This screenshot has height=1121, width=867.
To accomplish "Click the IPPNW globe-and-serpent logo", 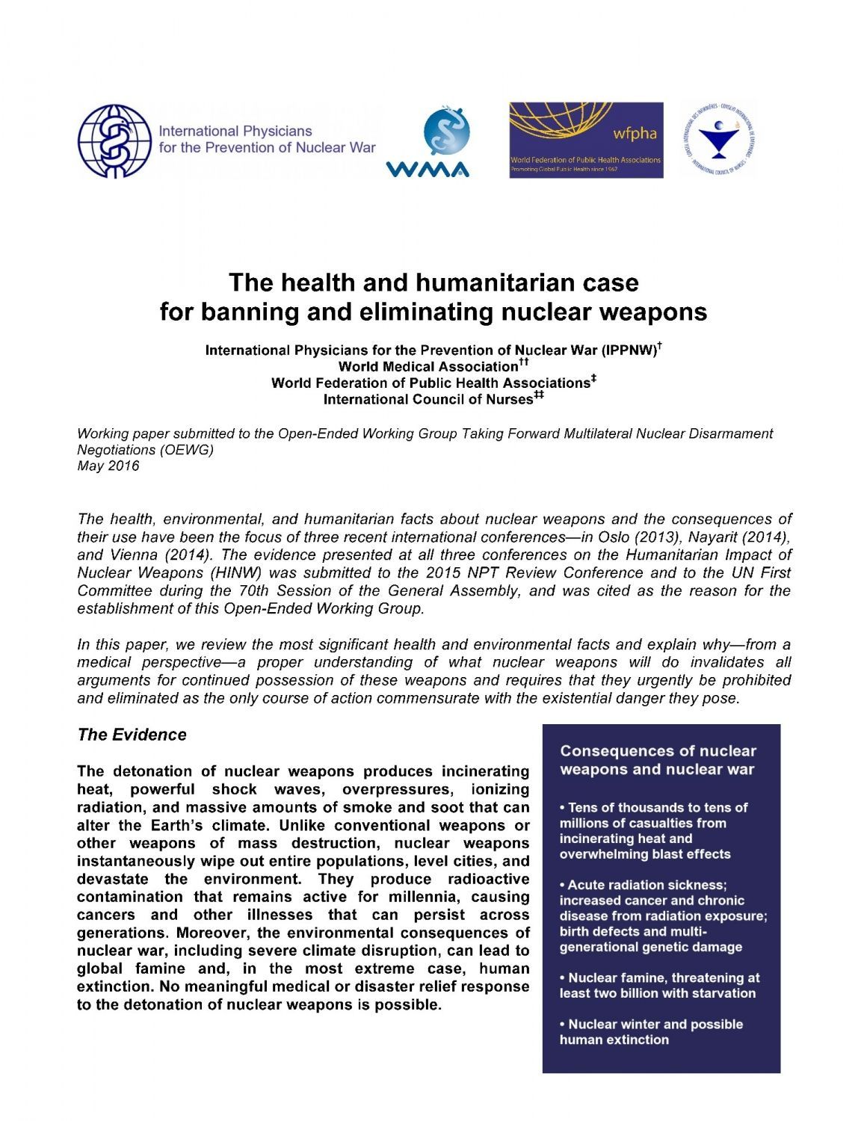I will pos(115,140).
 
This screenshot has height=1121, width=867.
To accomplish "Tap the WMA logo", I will pos(428,143).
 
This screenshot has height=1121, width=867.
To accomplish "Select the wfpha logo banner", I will pos(586,140).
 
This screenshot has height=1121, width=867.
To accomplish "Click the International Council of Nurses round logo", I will pos(718,140).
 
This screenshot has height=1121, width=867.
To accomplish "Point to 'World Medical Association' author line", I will pos(428,366).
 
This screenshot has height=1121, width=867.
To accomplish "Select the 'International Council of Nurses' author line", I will pos(428,399).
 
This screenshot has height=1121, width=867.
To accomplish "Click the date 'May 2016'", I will pos(108,466).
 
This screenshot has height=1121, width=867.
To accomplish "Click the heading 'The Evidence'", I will pos(132,735).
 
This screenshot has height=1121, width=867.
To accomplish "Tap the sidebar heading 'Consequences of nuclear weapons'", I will pos(658,760).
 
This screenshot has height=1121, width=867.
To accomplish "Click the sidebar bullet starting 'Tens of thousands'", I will pos(654,830).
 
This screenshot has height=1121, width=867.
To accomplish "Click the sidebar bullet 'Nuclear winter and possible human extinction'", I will pos(651,1031).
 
